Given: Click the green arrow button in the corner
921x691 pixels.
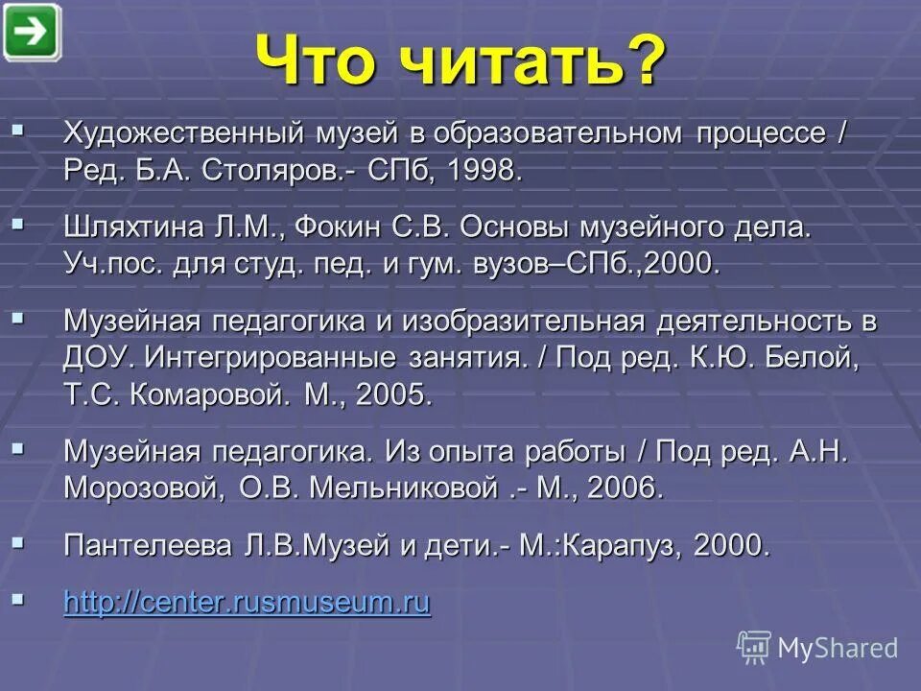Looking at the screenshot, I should pyautogui.click(x=32, y=33).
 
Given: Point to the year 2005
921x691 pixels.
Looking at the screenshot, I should pyautogui.click(x=392, y=394).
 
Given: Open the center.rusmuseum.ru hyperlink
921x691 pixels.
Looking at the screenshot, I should pyautogui.click(x=247, y=602).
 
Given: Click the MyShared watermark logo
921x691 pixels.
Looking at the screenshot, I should pyautogui.click(x=817, y=647).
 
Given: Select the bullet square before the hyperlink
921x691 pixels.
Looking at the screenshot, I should pyautogui.click(x=17, y=598).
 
